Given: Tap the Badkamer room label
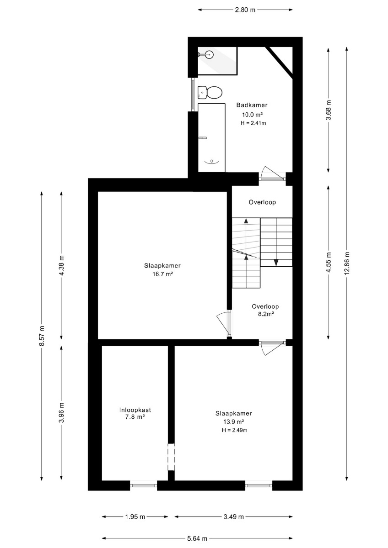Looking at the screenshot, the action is [x=252, y=105].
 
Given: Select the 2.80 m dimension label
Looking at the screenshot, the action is [x=245, y=10].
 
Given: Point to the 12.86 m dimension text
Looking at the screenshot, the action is [x=346, y=263].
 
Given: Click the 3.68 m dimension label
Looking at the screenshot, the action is [x=329, y=110].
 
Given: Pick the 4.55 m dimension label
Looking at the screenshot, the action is [x=329, y=262].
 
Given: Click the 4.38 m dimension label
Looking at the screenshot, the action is [x=61, y=265].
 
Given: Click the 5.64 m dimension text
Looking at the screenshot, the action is [x=197, y=538].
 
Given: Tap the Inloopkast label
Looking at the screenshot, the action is [x=135, y=410].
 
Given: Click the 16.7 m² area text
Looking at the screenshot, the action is [x=163, y=274].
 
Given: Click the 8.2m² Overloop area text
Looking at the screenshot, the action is [x=266, y=314].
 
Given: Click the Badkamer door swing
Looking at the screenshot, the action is [x=272, y=173].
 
